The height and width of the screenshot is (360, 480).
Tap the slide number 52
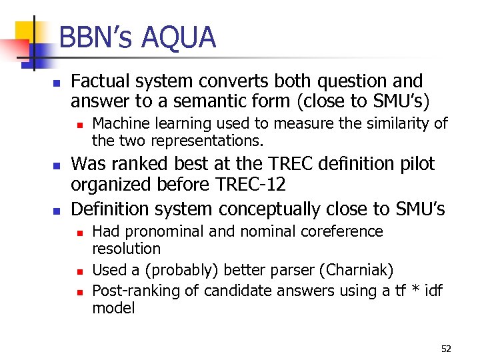click(446, 349)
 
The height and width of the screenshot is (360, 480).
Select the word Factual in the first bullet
click(99, 81)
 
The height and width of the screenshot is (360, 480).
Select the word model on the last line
click(113, 308)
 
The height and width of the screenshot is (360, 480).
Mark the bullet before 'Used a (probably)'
click(79, 271)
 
